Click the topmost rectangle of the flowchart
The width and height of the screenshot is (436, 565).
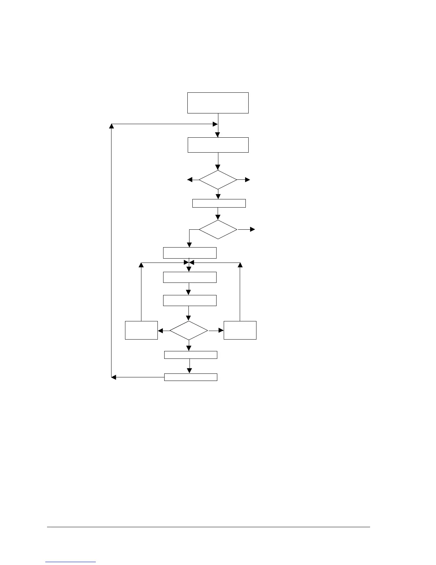(218, 103)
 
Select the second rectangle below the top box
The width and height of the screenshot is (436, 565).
(218, 145)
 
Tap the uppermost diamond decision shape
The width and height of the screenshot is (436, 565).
(218, 180)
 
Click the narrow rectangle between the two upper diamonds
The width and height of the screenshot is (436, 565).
(219, 203)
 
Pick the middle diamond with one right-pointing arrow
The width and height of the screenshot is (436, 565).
(218, 229)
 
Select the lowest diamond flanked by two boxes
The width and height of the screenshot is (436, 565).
(188, 331)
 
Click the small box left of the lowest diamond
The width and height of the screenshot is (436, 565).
(141, 330)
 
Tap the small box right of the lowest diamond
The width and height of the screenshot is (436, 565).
(240, 330)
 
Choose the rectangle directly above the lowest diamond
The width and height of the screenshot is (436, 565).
(190, 300)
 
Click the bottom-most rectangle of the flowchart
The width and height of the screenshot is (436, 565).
(191, 377)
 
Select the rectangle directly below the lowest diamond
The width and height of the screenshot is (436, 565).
(191, 355)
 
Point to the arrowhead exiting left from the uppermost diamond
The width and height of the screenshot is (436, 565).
(190, 180)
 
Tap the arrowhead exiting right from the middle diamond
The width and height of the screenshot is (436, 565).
(253, 229)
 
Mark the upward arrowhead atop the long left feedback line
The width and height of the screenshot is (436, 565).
(111, 126)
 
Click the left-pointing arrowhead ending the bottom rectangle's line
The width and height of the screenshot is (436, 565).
(114, 377)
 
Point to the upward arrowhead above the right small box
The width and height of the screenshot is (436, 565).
(240, 265)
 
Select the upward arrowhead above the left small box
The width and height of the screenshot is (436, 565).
(141, 265)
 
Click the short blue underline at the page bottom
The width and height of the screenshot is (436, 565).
(71, 562)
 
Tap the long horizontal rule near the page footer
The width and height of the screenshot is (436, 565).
(208, 527)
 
